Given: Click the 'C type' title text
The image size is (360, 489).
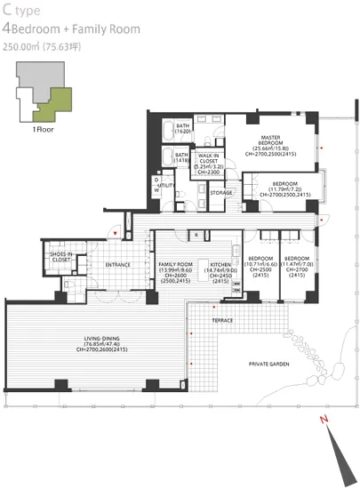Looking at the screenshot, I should coord(22,11).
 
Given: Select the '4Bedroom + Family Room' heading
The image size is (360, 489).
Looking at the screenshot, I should coord(72,29).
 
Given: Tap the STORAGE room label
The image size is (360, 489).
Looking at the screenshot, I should coord(221,192).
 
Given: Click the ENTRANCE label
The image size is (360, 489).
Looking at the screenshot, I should coord(118,265).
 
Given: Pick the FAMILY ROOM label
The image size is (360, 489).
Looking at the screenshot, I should coord(175,265).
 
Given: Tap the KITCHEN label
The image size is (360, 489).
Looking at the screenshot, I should coord(220,265).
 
